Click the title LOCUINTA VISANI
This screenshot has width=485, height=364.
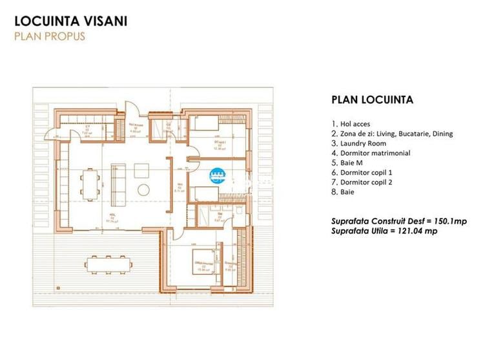[x=71, y=21]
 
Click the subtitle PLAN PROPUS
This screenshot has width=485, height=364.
[x=50, y=36]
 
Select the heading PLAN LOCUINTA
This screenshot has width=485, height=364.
[x=372, y=100]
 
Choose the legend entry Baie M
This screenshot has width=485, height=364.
[x=349, y=163]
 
